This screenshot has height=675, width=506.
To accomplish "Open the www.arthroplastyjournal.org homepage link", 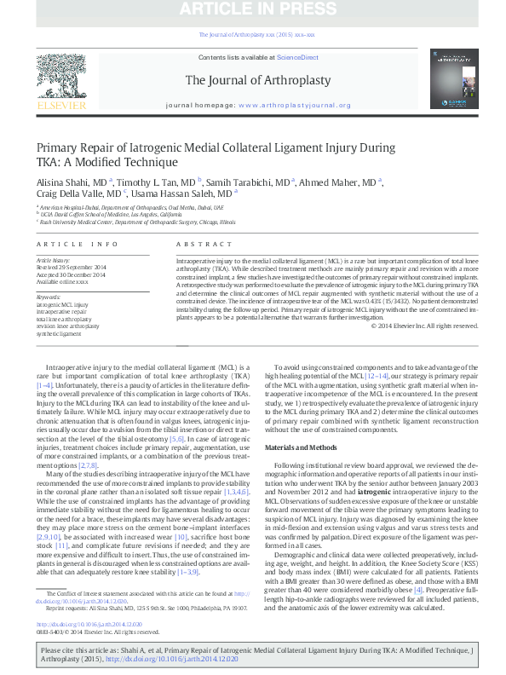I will click(x=294, y=106).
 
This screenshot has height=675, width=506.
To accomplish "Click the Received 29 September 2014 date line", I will click(x=70, y=268).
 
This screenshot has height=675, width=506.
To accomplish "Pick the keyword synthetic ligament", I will click(x=61, y=333).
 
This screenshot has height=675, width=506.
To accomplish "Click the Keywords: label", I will click(x=49, y=296).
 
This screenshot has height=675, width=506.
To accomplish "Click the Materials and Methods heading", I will click(x=301, y=447).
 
